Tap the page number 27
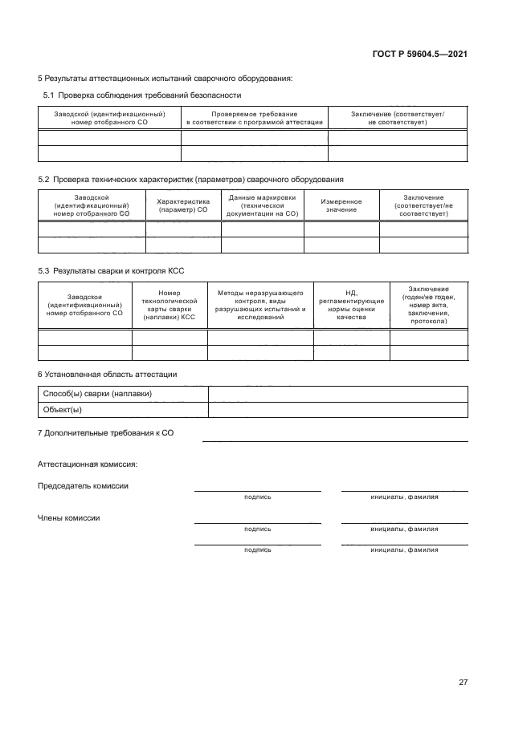point(463,682)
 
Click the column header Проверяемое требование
point(254,118)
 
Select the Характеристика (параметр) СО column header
point(182,206)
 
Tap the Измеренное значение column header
point(341,206)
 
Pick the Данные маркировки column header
point(262,206)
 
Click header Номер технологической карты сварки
point(170,306)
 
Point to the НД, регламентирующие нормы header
point(351,306)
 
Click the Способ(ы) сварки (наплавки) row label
point(96,394)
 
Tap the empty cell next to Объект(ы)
point(337,410)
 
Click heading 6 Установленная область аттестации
point(108,374)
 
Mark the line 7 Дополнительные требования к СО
point(106,433)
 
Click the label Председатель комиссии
point(83,485)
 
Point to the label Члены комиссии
point(69,517)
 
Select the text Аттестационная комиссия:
point(88,464)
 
